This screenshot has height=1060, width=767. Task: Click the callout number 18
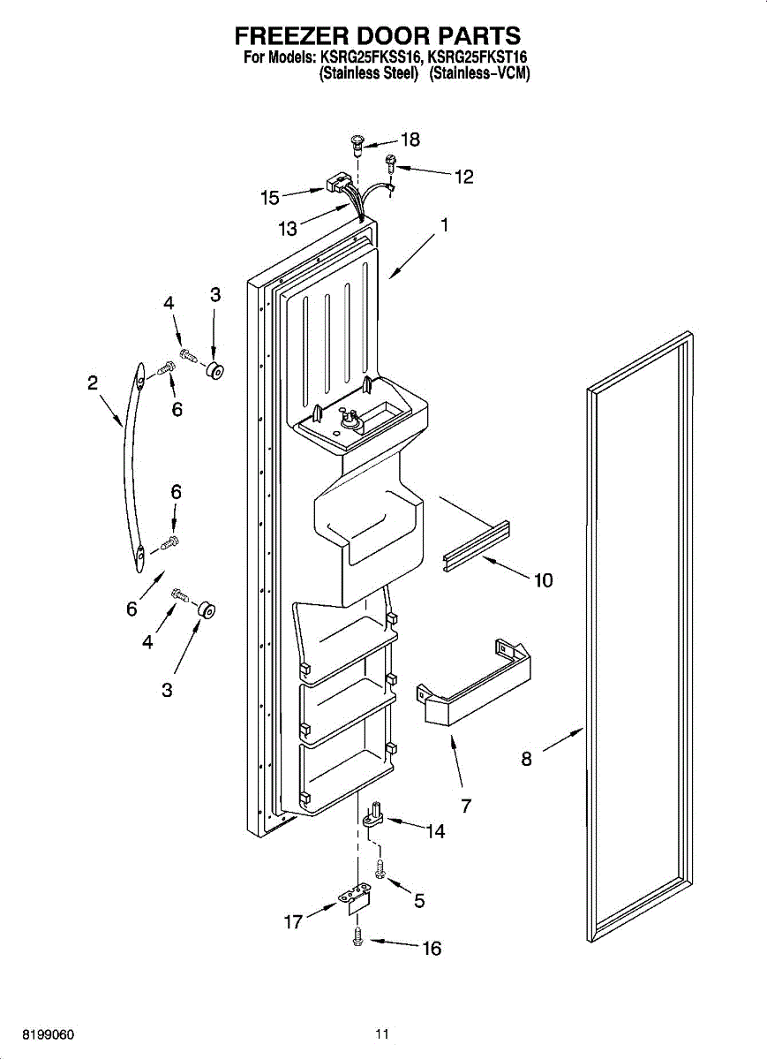pos(410,140)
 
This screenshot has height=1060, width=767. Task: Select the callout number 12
pos(464,177)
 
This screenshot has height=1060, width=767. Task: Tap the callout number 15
pos(270,198)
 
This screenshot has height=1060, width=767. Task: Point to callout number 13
pos(288,229)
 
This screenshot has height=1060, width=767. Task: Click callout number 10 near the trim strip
pos(543,580)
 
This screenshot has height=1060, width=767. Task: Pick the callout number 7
pos(466,805)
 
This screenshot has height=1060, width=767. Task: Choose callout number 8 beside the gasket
pos(526,758)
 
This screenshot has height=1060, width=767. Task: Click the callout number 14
pos(435,831)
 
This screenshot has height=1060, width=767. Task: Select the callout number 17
pos(293,922)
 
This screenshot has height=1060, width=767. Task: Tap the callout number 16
pos(432,950)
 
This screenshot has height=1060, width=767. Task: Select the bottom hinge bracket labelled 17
pos(356,899)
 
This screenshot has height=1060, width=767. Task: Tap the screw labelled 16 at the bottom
pos(358,936)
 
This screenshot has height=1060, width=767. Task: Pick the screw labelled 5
pos(380,870)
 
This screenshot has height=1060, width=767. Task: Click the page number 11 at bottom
pos(381,1033)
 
